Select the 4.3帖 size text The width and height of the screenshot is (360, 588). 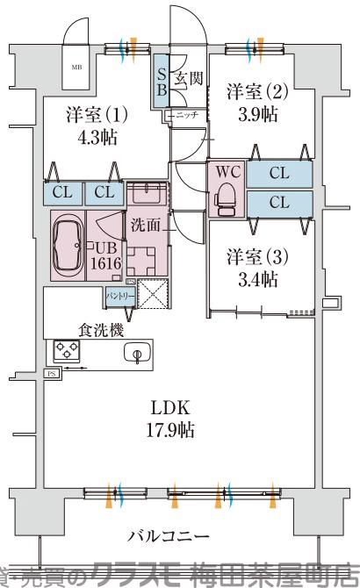click(97, 137)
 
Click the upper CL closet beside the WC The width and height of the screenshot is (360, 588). click(279, 174)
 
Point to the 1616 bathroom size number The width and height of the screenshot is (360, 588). click(107, 262)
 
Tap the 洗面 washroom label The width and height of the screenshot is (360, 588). click(146, 225)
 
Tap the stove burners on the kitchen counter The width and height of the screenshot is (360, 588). click(68, 351)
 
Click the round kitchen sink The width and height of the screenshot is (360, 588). click(136, 354)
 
